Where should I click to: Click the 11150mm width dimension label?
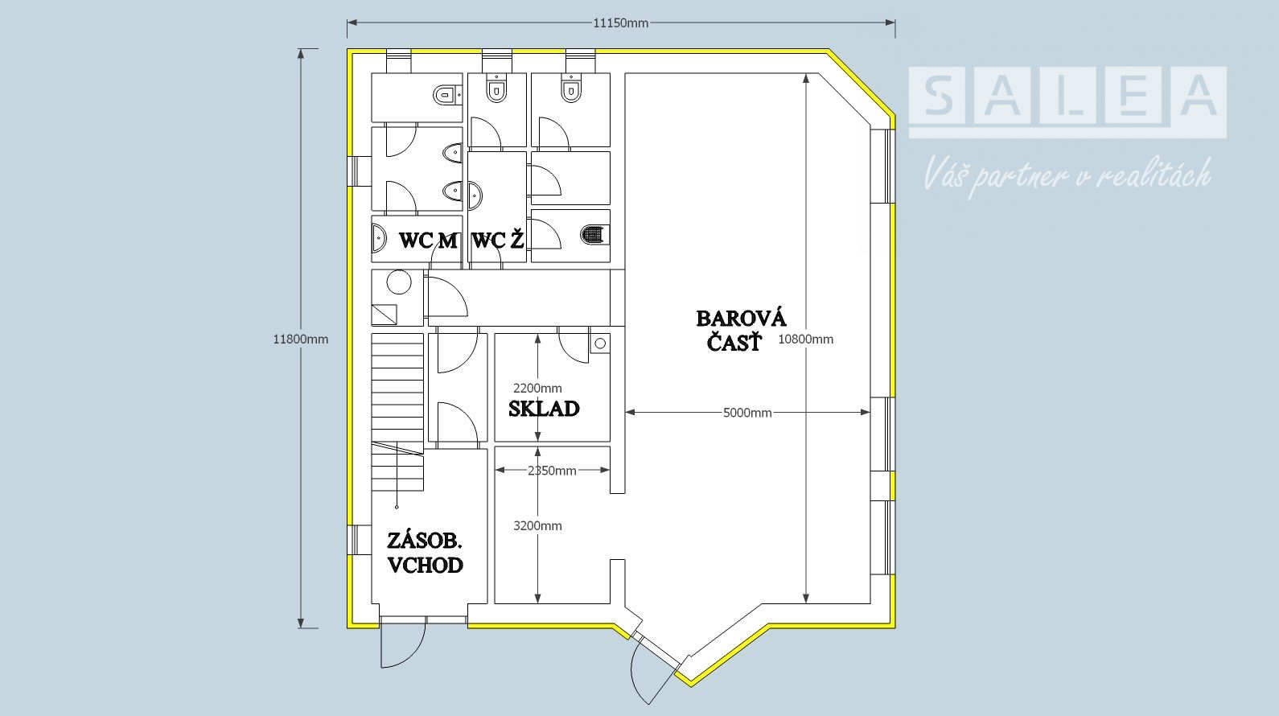[x=621, y=23]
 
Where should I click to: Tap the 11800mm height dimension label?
[x=300, y=339]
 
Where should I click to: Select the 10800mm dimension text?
[x=806, y=339]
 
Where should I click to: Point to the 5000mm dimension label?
[x=747, y=412]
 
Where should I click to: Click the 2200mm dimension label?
[x=537, y=389]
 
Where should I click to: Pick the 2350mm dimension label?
[x=552, y=471]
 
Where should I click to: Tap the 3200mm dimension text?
[x=537, y=526]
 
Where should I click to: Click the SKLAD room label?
[x=544, y=409]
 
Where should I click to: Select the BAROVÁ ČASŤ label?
[x=741, y=331]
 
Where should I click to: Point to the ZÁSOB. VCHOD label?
[x=425, y=553]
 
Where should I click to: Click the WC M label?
[x=428, y=241]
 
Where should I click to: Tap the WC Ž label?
[x=498, y=241]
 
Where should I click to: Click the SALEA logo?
[x=1067, y=102]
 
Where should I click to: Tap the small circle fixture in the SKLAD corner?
[x=600, y=344]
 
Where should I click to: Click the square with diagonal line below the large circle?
[x=384, y=314]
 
